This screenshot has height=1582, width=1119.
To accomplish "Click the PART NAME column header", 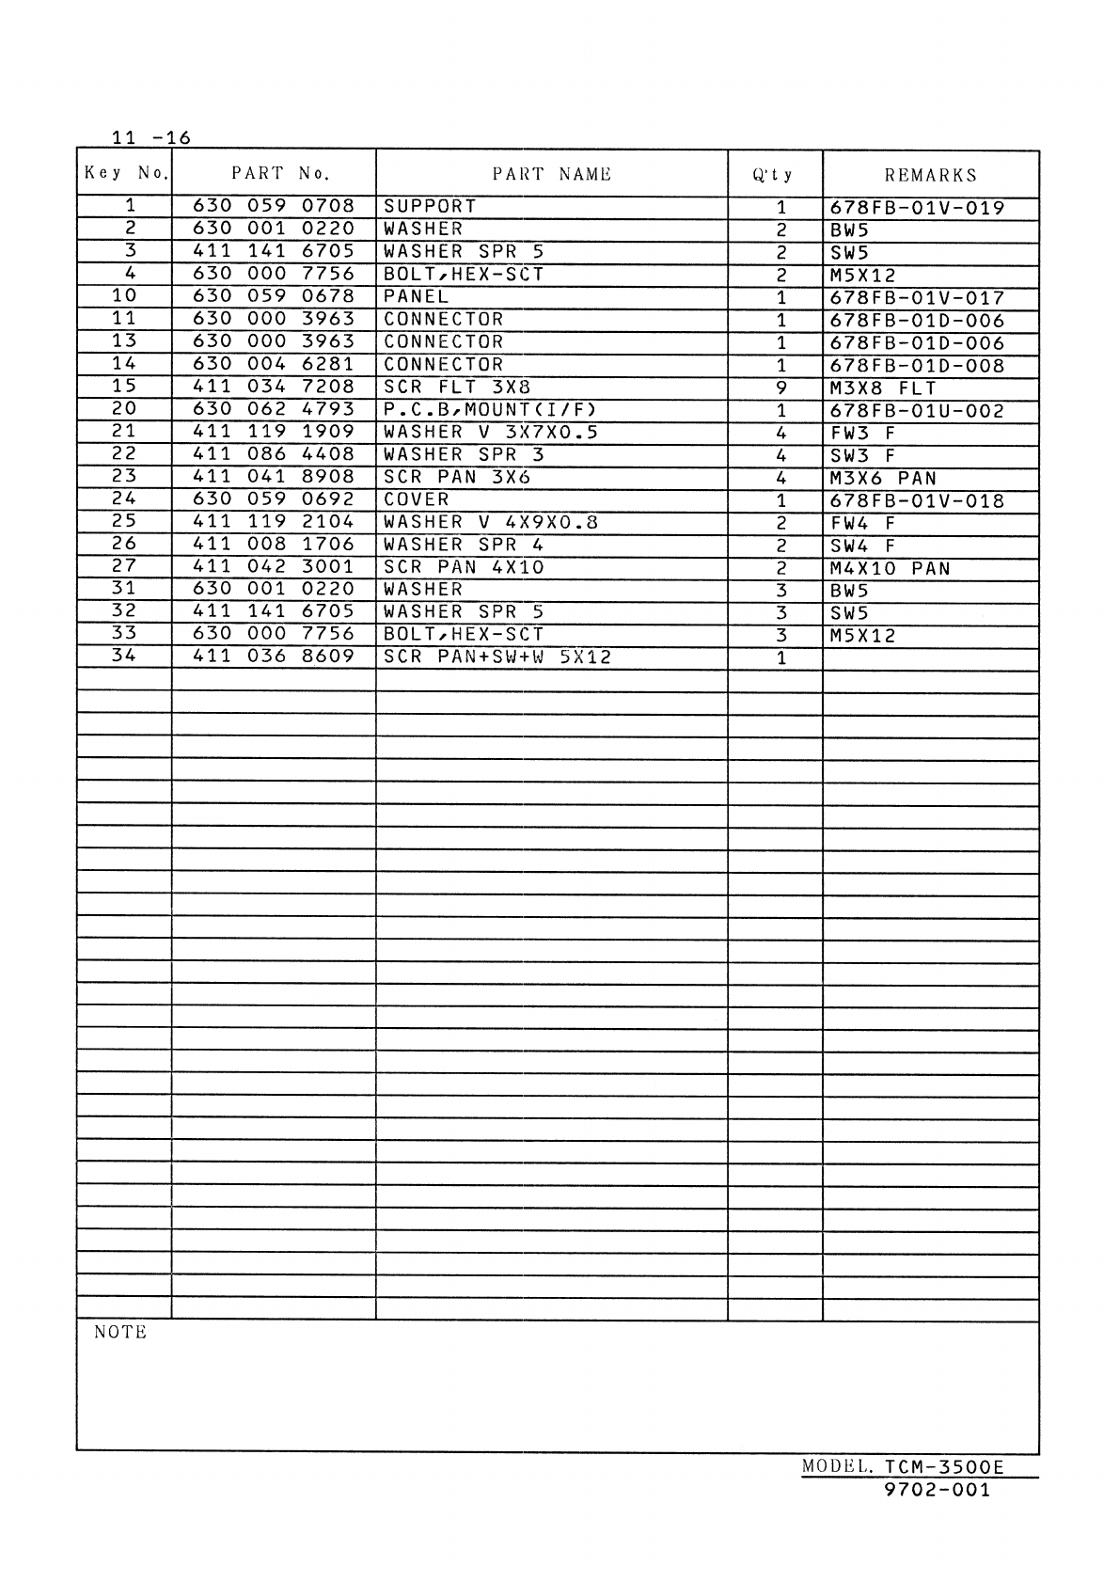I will click(551, 174).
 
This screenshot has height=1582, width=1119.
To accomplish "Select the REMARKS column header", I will click(930, 175).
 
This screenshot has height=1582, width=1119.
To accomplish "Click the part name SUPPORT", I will click(430, 206).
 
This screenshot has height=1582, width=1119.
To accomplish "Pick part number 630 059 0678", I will click(274, 296).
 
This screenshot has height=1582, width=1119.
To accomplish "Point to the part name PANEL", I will click(416, 296).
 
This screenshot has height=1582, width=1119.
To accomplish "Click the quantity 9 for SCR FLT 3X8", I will click(780, 388).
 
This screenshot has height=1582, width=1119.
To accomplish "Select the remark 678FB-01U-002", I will click(917, 411).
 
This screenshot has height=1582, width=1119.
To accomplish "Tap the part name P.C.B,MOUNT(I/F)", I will click(490, 409).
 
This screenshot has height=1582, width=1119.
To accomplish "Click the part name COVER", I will click(417, 499).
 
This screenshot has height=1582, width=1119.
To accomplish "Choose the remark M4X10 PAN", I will click(890, 568).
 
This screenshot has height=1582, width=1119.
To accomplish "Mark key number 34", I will click(124, 656).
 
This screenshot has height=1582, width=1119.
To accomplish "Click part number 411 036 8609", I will click(274, 657).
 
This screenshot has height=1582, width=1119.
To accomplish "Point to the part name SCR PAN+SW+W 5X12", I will click(497, 657).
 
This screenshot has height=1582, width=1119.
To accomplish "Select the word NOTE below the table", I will click(120, 1332).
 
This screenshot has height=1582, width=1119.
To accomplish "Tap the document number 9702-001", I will click(938, 1490).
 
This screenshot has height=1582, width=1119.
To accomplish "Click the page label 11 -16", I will click(150, 138).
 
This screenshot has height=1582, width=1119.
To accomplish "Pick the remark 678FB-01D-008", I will click(917, 366).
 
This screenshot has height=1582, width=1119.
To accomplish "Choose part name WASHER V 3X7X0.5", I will click(491, 432).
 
